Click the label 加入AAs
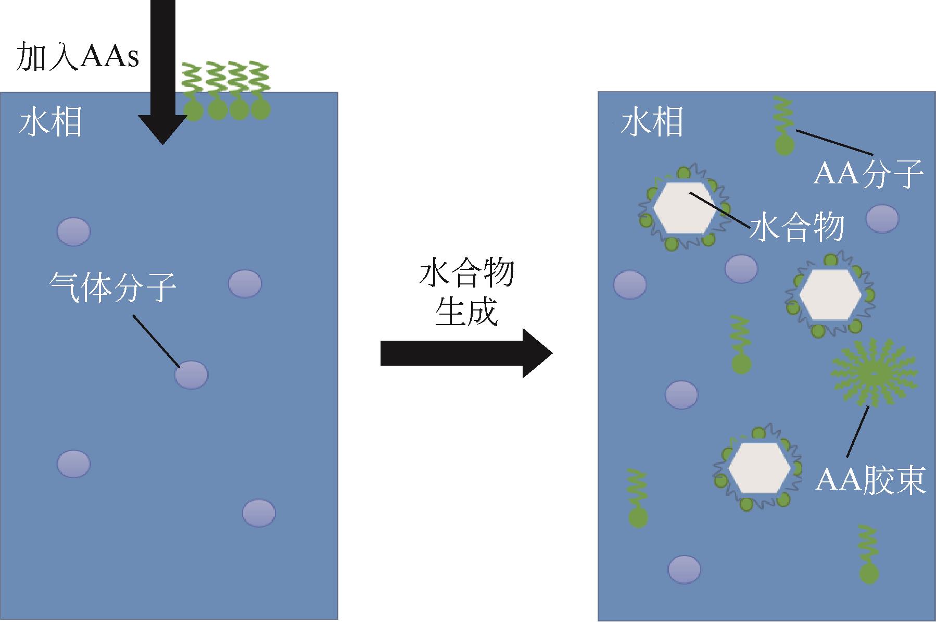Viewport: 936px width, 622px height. coord(78,56)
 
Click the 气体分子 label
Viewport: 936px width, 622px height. coord(112,287)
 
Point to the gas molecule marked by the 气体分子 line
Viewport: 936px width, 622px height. coord(191,375)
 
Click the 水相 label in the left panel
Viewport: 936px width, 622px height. coord(50,123)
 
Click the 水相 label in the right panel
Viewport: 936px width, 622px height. coord(651,123)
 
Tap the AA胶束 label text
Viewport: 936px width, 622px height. coord(870,479)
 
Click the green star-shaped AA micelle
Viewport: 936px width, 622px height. coord(874,372)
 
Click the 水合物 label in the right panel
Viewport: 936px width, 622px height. coord(796,228)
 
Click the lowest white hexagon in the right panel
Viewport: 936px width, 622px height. coord(758,467)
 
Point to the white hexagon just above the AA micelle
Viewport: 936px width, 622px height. coord(830,294)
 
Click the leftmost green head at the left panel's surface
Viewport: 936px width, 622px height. coord(194,110)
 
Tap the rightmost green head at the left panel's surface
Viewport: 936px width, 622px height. coord(260,109)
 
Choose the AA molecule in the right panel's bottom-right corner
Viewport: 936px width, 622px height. coord(869,555)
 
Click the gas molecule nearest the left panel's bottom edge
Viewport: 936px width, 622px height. coord(259,513)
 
